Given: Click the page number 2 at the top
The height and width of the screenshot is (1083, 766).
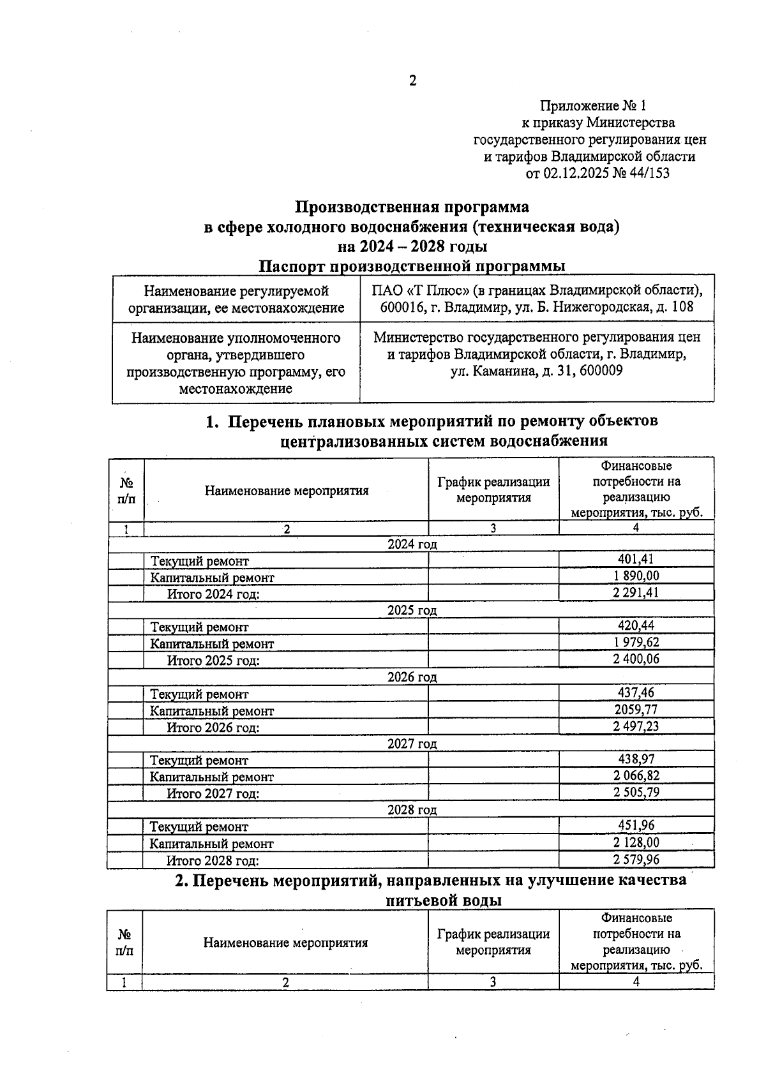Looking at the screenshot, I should click(x=412, y=81).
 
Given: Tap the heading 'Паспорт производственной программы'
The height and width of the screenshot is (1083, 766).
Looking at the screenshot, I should click(x=412, y=265).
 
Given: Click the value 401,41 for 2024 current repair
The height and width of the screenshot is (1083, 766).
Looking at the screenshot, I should click(x=636, y=560).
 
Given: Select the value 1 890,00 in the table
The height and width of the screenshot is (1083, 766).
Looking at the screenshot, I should click(x=636, y=576).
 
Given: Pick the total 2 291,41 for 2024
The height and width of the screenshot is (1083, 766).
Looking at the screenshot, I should click(x=636, y=593).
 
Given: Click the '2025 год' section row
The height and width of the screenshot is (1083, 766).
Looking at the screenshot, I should click(x=412, y=610).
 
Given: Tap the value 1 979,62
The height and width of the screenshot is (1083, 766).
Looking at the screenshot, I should click(x=636, y=643).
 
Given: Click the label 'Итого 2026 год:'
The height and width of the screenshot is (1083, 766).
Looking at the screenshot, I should click(x=213, y=728).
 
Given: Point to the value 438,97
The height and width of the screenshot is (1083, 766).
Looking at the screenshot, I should click(x=636, y=759).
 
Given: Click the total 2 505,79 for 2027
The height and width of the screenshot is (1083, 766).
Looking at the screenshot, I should click(x=636, y=793).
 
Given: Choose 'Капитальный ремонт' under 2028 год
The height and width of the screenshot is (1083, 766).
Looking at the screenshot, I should click(x=211, y=844).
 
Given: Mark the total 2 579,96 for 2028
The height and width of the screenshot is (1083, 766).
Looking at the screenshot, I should click(x=636, y=860).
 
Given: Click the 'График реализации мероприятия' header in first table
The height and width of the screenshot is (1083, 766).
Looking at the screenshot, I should click(x=493, y=490).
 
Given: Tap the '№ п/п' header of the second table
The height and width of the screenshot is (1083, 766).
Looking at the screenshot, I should click(x=124, y=942).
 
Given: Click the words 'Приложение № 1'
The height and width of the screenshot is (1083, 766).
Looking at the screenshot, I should click(x=593, y=105).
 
